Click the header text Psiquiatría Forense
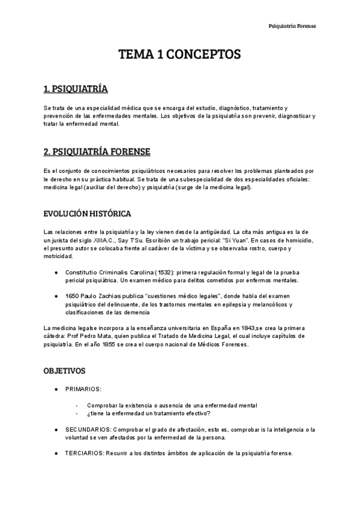pos(292,26)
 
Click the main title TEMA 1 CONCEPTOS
pos(180,55)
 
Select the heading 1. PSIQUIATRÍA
pos(76,89)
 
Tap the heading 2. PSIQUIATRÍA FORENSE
pos(97,151)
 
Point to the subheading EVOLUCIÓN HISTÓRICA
pos(87,214)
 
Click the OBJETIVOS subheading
pos(64,371)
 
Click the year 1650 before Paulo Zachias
pos(73,297)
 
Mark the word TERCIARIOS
pos(85,453)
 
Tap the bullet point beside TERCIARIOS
pos(56,453)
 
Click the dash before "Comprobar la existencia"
pos(77,405)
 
